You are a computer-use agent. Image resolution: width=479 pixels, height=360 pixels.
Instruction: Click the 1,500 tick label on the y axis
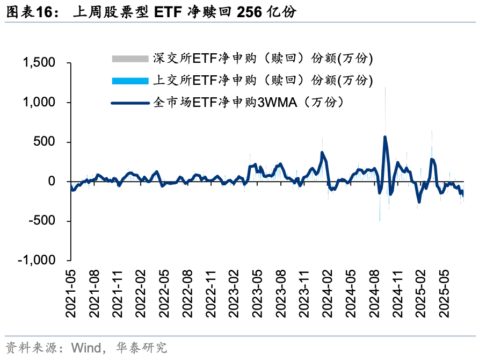[40, 63]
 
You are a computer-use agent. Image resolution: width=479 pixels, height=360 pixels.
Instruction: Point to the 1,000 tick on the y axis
[40, 102]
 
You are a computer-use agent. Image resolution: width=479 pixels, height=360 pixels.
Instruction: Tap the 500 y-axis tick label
[45, 142]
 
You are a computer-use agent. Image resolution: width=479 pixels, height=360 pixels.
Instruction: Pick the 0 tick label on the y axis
[52, 181]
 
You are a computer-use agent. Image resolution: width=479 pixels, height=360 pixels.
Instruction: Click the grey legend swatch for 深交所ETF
[129, 58]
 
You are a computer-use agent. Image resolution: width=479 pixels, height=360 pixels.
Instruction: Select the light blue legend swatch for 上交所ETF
[129, 81]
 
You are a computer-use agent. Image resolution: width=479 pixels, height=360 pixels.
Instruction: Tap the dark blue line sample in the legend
[129, 103]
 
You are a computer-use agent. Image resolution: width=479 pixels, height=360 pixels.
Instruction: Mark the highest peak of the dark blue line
[385, 136]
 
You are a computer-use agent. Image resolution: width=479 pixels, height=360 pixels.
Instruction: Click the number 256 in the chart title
[247, 12]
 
